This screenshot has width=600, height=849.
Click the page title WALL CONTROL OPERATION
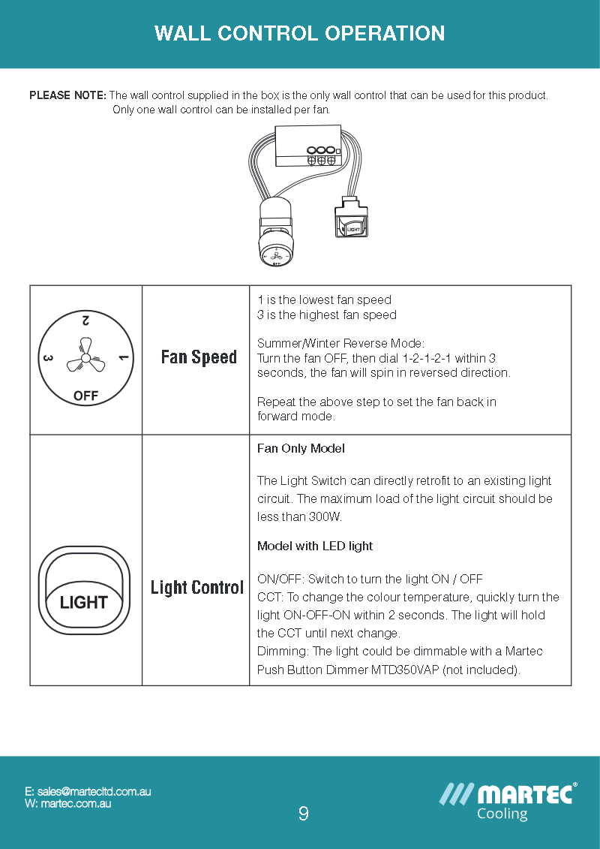pos(299,34)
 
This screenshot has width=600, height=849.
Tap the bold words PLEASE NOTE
pos(67,95)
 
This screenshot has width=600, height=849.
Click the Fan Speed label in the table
pos(199,357)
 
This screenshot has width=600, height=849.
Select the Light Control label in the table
pos(197,587)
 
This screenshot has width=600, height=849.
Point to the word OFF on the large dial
pos(85,396)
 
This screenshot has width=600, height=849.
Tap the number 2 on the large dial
pos(85,321)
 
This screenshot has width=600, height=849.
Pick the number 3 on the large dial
pos(47,359)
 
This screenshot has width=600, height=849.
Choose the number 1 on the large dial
pos(124,359)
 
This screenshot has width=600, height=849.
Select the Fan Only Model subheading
pos(301,448)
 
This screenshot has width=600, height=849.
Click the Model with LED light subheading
pos(314,546)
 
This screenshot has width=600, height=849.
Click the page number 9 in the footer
pos(303,813)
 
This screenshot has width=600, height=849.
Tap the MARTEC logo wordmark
pos(524,794)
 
